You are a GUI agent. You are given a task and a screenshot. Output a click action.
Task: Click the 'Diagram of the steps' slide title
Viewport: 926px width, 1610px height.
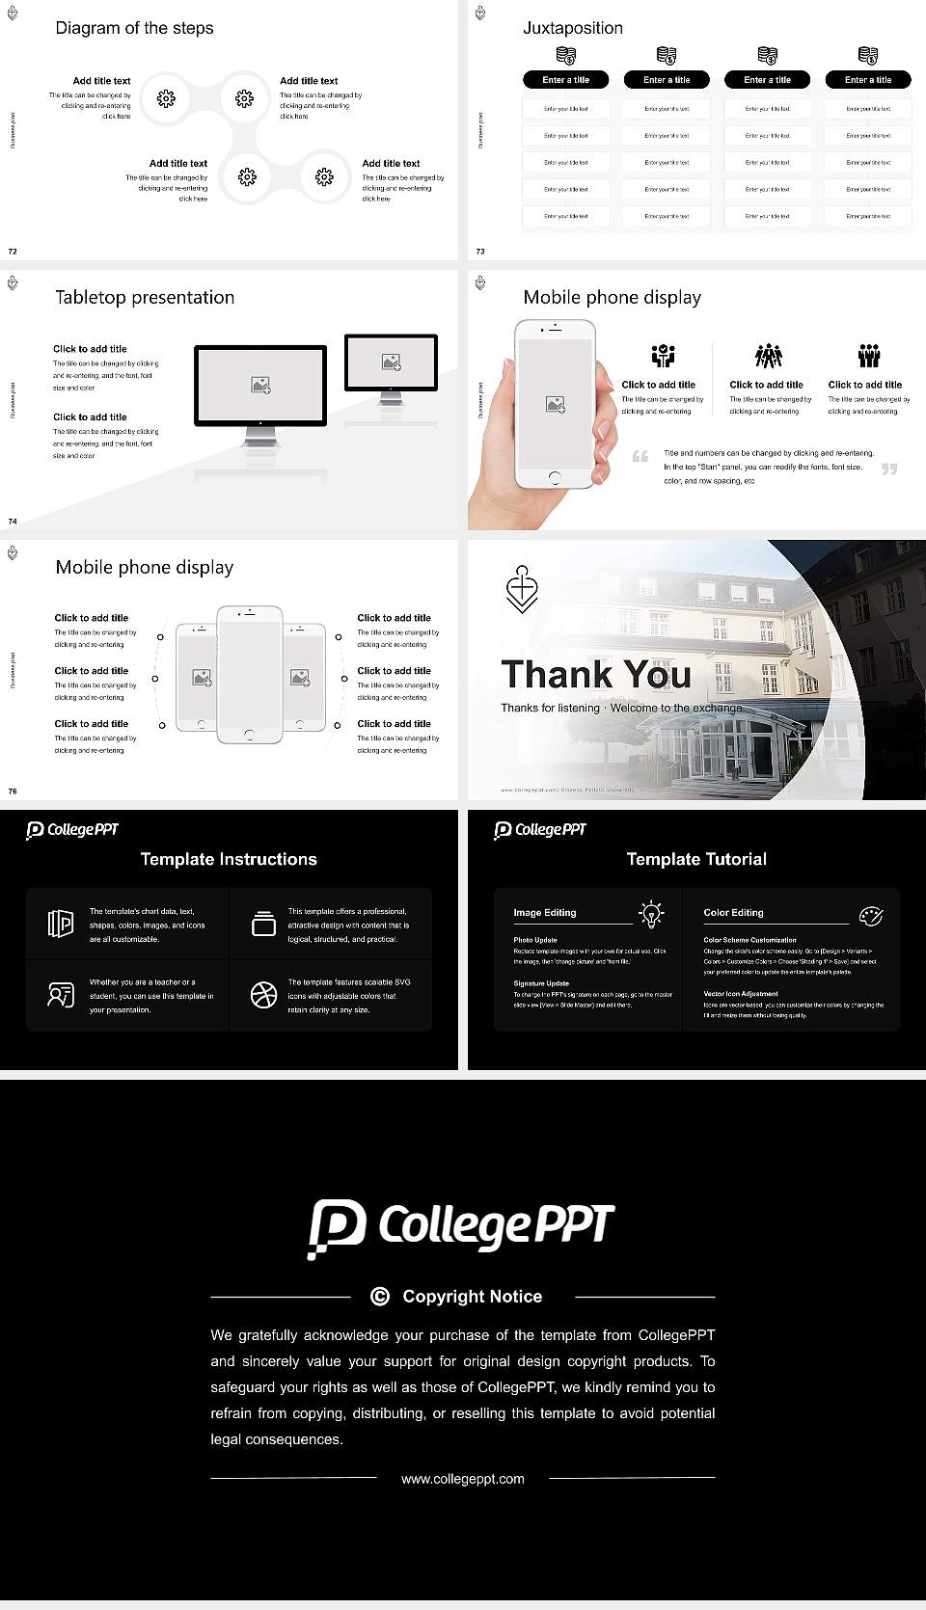pyautogui.click(x=134, y=28)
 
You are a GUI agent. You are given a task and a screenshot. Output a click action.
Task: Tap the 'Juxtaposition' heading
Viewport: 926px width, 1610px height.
pyautogui.click(x=572, y=28)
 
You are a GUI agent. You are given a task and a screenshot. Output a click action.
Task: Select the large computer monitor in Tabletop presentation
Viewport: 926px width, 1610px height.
pyautogui.click(x=260, y=386)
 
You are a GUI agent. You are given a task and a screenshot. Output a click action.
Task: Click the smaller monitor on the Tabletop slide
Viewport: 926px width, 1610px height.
pyautogui.click(x=391, y=362)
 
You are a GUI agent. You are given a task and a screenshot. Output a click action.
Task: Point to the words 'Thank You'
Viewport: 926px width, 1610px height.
pyautogui.click(x=595, y=675)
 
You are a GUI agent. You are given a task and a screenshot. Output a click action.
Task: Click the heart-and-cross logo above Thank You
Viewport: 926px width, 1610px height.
pyautogui.click(x=522, y=589)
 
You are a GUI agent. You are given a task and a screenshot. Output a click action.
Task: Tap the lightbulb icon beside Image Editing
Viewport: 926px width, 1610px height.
pyautogui.click(x=651, y=913)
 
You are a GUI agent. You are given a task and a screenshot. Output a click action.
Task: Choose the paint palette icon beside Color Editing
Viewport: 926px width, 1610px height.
pyautogui.click(x=870, y=915)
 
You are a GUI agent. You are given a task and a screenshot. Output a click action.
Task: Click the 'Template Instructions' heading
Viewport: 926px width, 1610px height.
pyautogui.click(x=229, y=859)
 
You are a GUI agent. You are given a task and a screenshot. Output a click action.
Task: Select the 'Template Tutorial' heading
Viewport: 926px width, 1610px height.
pyautogui.click(x=696, y=859)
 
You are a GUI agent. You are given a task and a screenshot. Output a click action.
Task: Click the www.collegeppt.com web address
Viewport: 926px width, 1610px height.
pyautogui.click(x=463, y=1479)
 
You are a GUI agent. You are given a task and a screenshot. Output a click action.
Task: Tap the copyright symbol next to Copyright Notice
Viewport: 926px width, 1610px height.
pyautogui.click(x=380, y=1297)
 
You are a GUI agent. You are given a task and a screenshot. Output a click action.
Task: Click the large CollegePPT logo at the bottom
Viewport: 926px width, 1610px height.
pyautogui.click(x=461, y=1227)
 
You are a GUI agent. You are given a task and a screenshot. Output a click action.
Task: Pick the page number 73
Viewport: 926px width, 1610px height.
pyautogui.click(x=480, y=252)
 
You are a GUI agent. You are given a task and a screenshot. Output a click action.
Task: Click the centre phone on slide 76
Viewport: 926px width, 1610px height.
pyautogui.click(x=249, y=675)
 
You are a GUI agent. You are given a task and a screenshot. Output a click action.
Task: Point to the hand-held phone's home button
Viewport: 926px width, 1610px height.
pyautogui.click(x=554, y=477)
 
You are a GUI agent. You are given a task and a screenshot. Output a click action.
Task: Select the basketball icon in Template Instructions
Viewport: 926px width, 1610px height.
pyautogui.click(x=263, y=995)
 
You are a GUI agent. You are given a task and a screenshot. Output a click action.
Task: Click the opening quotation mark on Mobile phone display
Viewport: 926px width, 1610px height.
pyautogui.click(x=640, y=456)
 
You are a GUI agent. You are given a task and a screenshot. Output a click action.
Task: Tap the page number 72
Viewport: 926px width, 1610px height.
pyautogui.click(x=13, y=252)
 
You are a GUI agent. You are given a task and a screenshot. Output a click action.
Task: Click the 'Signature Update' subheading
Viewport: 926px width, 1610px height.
pyautogui.click(x=540, y=983)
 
